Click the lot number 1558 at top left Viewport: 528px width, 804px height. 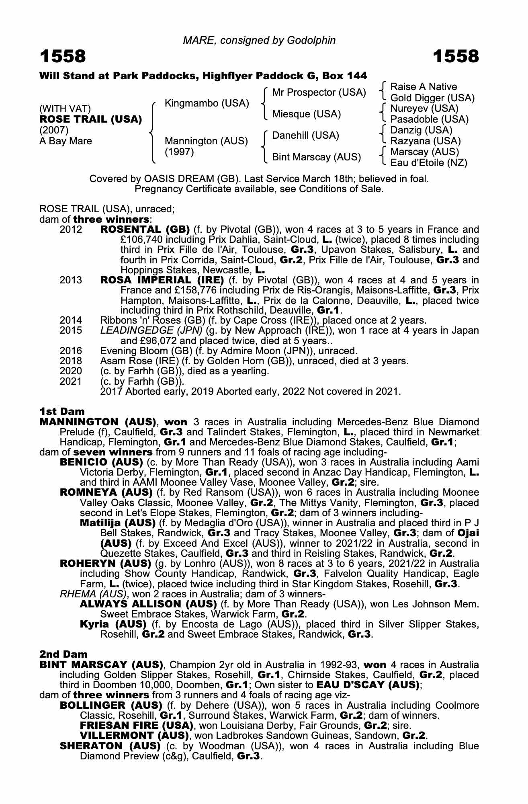point(63,57)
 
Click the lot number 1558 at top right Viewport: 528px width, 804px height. point(456,57)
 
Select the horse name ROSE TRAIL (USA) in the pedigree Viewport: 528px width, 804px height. point(91,119)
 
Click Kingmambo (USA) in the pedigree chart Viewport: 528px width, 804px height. point(207,103)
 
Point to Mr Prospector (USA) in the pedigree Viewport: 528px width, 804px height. point(319,92)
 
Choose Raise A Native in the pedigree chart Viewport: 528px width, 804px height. point(424,87)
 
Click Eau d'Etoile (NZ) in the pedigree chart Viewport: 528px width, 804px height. point(429,163)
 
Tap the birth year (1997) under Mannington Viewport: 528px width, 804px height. point(179,152)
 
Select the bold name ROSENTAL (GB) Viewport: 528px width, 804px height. point(145,230)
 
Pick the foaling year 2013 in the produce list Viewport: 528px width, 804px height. point(71,280)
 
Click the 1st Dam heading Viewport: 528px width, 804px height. point(62,411)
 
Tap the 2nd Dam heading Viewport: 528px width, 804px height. point(63,654)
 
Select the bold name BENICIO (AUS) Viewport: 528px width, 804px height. point(101,462)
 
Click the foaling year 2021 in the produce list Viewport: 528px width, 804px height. point(71,381)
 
